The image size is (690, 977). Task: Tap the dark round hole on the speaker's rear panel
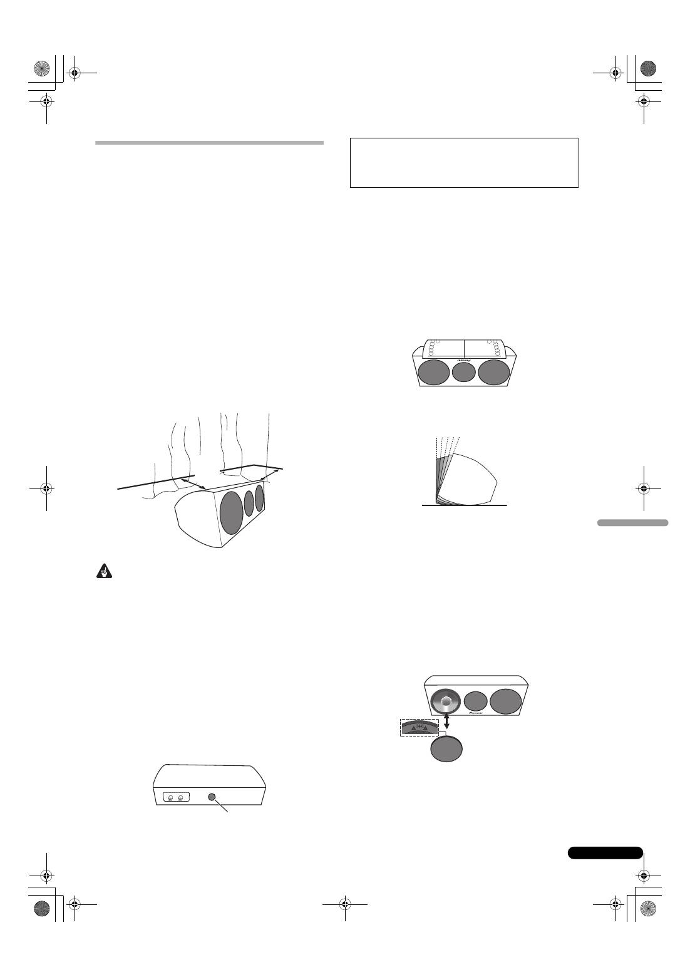pos(211,797)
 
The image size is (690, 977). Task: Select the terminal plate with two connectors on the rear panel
pos(175,798)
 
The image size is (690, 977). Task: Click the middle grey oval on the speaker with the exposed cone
pos(476,701)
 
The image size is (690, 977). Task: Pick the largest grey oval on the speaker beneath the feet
pos(231,512)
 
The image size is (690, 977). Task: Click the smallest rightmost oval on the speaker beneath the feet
pos(259,497)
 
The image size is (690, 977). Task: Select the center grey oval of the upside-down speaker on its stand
pos(464,372)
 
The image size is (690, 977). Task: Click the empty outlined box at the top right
pos(464,163)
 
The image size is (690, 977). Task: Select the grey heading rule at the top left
pos(209,143)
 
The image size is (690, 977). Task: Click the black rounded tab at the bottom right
pos(605,852)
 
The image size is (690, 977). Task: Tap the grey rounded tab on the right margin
pos(632,522)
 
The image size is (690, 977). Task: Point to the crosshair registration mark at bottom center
pos(344,904)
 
